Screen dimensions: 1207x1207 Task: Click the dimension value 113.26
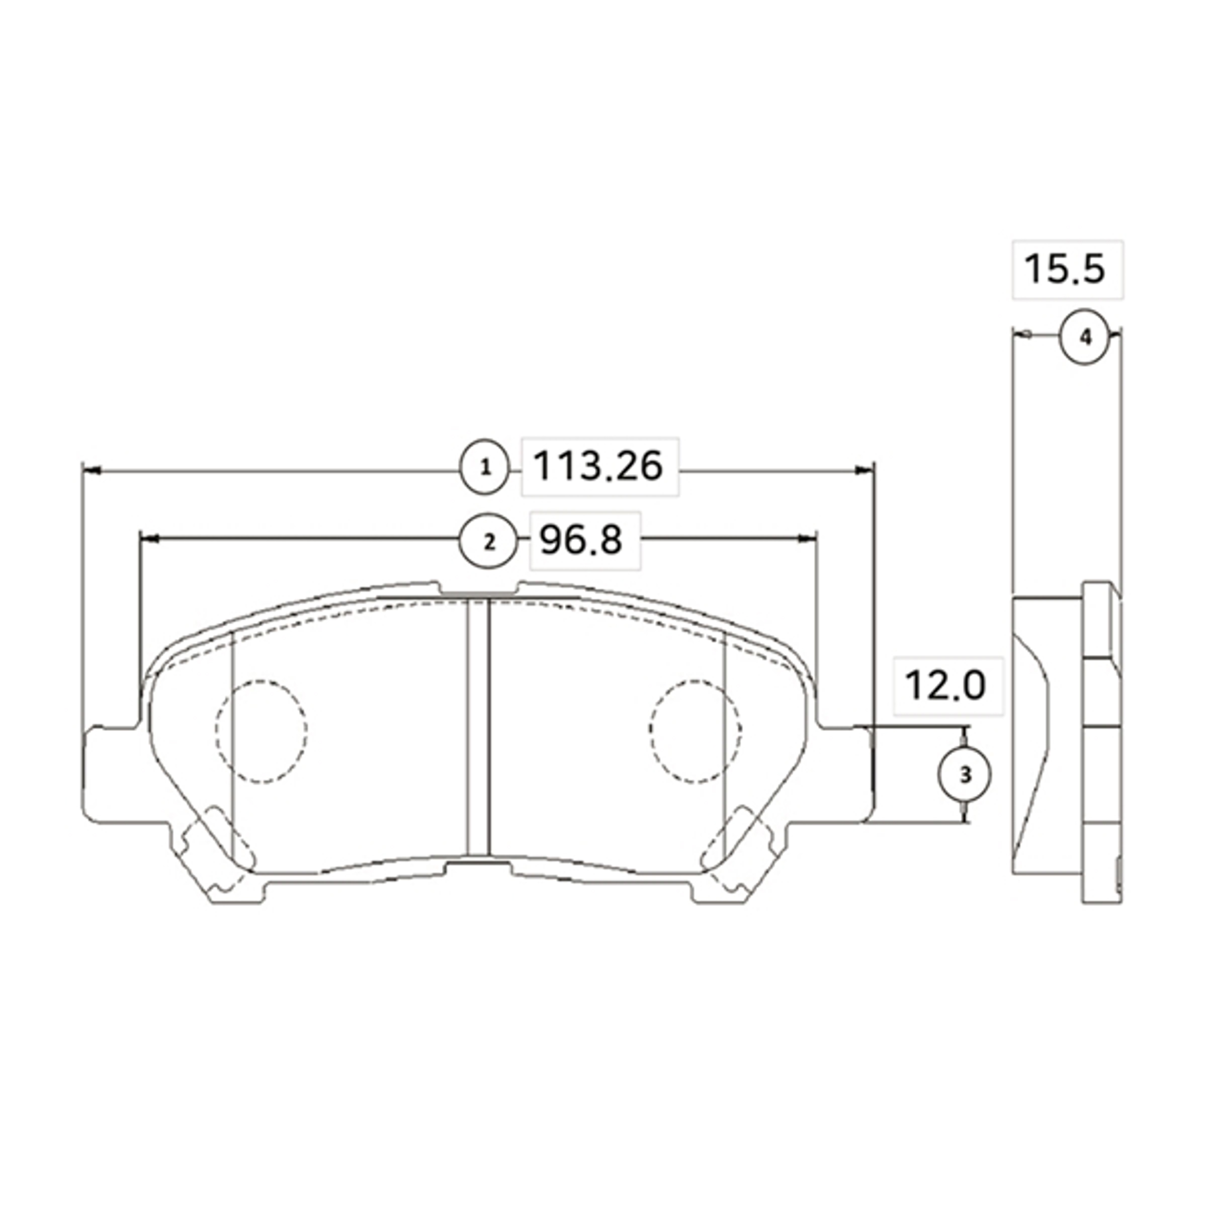tap(598, 467)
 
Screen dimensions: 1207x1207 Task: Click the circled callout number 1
tap(485, 467)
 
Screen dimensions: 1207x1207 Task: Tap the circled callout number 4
tap(1086, 337)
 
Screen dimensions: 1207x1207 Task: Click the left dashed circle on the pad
tap(261, 730)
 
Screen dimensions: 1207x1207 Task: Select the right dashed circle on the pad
tap(696, 730)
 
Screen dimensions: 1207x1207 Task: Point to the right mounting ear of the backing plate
tap(845, 774)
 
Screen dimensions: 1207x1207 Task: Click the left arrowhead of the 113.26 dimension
tap(91, 470)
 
